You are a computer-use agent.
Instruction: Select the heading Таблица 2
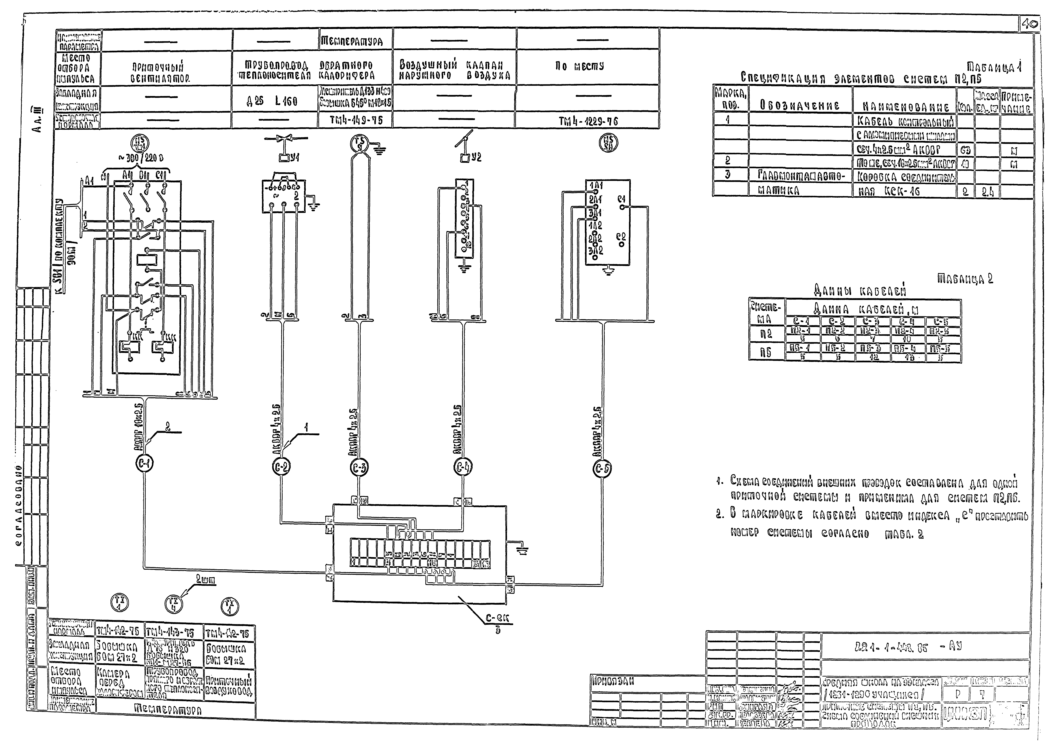[965, 279]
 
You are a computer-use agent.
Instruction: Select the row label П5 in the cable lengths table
[766, 353]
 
